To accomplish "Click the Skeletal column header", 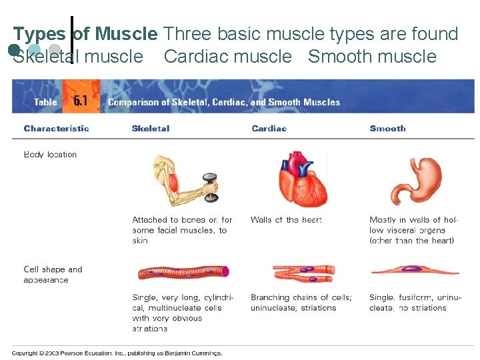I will pos(151,128).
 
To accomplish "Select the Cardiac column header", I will pos(269,128).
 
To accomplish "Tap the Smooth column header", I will pos(387,128).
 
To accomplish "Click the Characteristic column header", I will pos(56,128).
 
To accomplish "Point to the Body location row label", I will pos(50,155).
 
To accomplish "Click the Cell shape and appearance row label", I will pos(53,275).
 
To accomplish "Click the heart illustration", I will pos(303,180).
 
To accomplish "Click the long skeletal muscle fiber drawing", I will pos(183,272).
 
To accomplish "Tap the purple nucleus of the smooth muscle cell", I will pos(411,269).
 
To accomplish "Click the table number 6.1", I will pos(81,101).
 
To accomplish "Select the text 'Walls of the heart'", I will pos(286,220).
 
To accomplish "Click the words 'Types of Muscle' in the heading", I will pos(85,33).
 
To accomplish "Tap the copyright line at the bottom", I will pos(117,353).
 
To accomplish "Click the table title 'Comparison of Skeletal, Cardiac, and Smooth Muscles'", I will pos(224,102).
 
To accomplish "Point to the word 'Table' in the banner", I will pos(45,102).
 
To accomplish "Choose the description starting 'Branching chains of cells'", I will pos(301,303).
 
